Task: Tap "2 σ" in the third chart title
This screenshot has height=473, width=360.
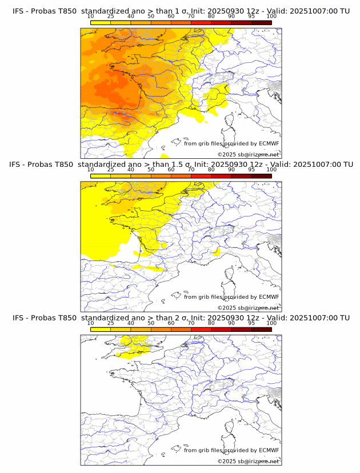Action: [x=181, y=318]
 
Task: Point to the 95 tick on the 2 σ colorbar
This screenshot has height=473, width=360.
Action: [x=251, y=323]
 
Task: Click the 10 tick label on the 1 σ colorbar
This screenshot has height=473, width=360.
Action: [x=90, y=16]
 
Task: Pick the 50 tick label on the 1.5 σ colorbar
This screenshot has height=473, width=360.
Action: [x=151, y=170]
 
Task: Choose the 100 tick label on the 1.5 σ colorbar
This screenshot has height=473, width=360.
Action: [x=271, y=170]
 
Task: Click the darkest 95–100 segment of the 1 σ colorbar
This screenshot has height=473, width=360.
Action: [x=261, y=22]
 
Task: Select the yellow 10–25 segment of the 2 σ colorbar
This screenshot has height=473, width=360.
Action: [x=100, y=329]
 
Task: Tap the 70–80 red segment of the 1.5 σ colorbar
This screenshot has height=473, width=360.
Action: [x=201, y=176]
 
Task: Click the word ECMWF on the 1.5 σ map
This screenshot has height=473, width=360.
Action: [x=269, y=297]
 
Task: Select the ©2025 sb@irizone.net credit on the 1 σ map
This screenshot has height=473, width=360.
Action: [x=248, y=155]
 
